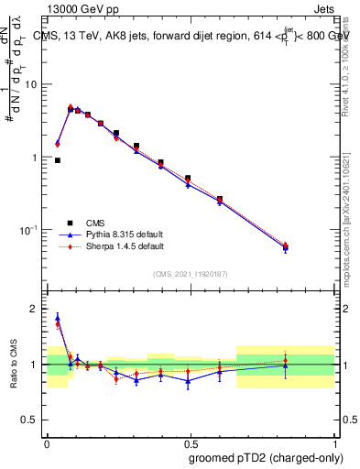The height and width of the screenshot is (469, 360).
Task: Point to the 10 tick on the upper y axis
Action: point(35,84)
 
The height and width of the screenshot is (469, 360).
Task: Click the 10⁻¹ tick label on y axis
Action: point(31,230)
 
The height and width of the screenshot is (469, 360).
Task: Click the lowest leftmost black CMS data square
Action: point(57,160)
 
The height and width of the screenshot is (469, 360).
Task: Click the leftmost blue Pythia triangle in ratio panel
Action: point(57,318)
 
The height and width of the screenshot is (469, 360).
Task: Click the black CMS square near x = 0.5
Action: point(188,179)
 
